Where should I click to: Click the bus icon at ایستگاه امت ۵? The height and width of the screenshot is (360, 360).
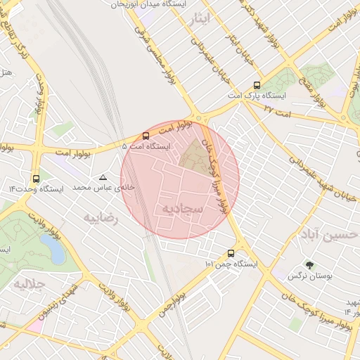[x=146, y=136]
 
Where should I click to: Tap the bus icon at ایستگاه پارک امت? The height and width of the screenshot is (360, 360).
[x=256, y=84]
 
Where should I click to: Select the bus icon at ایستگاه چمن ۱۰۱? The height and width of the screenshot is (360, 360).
[x=231, y=253]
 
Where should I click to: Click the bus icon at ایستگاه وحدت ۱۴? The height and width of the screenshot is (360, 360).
[x=36, y=179]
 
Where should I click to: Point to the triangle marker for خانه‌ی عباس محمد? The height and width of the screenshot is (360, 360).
[x=104, y=178]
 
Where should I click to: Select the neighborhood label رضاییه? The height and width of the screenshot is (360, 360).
[x=102, y=218]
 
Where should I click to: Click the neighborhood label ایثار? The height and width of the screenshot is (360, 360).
[x=200, y=19]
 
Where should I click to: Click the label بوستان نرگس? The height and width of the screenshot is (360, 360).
[x=309, y=276]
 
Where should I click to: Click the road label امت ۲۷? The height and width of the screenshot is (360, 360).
[x=275, y=111]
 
